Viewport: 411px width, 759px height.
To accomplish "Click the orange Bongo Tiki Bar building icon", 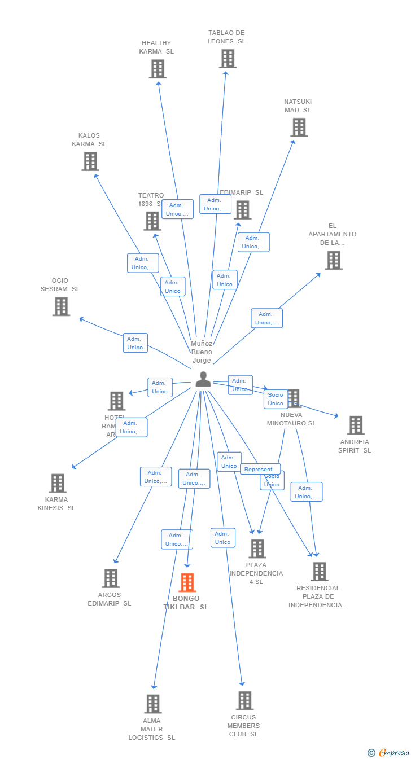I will pos(187,582).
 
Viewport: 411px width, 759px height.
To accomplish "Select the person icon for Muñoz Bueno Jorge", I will pos(203,380).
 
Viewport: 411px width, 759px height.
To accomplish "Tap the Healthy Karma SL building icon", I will pos(158,69).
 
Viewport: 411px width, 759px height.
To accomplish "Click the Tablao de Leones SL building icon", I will pos(228,59).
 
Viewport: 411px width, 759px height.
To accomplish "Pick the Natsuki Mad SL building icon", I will pos(299,128).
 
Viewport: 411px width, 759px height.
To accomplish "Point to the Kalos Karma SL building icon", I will pos(90,161).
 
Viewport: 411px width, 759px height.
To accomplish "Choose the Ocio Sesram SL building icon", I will pos(61,306).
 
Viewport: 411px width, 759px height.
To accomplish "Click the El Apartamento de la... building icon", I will pos(334,260).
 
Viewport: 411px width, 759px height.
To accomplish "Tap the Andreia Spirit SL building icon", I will pos(356,425).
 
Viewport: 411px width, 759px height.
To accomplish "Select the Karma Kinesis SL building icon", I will pos(58,483).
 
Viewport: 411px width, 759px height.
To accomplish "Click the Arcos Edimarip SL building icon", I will pos(111,578).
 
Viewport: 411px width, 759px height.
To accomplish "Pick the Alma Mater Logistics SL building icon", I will pos(153,704).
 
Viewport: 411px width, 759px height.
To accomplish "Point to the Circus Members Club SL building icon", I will pos(244,701).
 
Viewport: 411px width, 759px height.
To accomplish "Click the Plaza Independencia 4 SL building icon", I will pos(257,549).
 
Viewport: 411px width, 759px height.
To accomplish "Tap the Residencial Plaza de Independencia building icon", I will pos(320,572).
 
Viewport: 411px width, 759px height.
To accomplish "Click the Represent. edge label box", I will pos(260,469).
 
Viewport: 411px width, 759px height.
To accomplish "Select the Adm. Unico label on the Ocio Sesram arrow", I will pos(135,343).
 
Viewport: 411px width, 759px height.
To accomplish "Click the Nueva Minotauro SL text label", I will pos(291,419).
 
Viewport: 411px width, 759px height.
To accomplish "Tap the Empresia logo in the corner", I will pos(390,752).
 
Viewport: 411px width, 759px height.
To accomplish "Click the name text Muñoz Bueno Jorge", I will pos(202,352).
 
